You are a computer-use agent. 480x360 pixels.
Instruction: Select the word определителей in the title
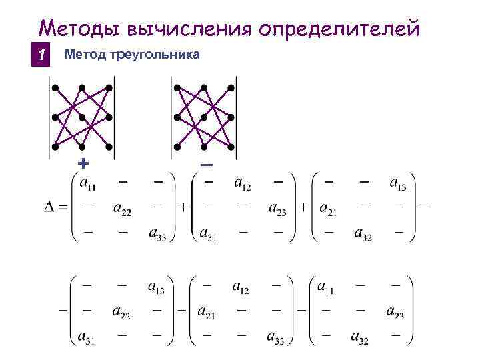pyautogui.click(x=341, y=29)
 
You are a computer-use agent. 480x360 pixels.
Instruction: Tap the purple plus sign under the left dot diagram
pyautogui.click(x=83, y=163)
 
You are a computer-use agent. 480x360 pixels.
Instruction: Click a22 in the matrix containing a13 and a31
pyautogui.click(x=121, y=311)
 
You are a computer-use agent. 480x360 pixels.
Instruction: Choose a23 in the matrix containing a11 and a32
pyautogui.click(x=394, y=311)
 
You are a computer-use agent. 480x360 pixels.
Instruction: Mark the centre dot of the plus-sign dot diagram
pyautogui.click(x=82, y=117)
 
